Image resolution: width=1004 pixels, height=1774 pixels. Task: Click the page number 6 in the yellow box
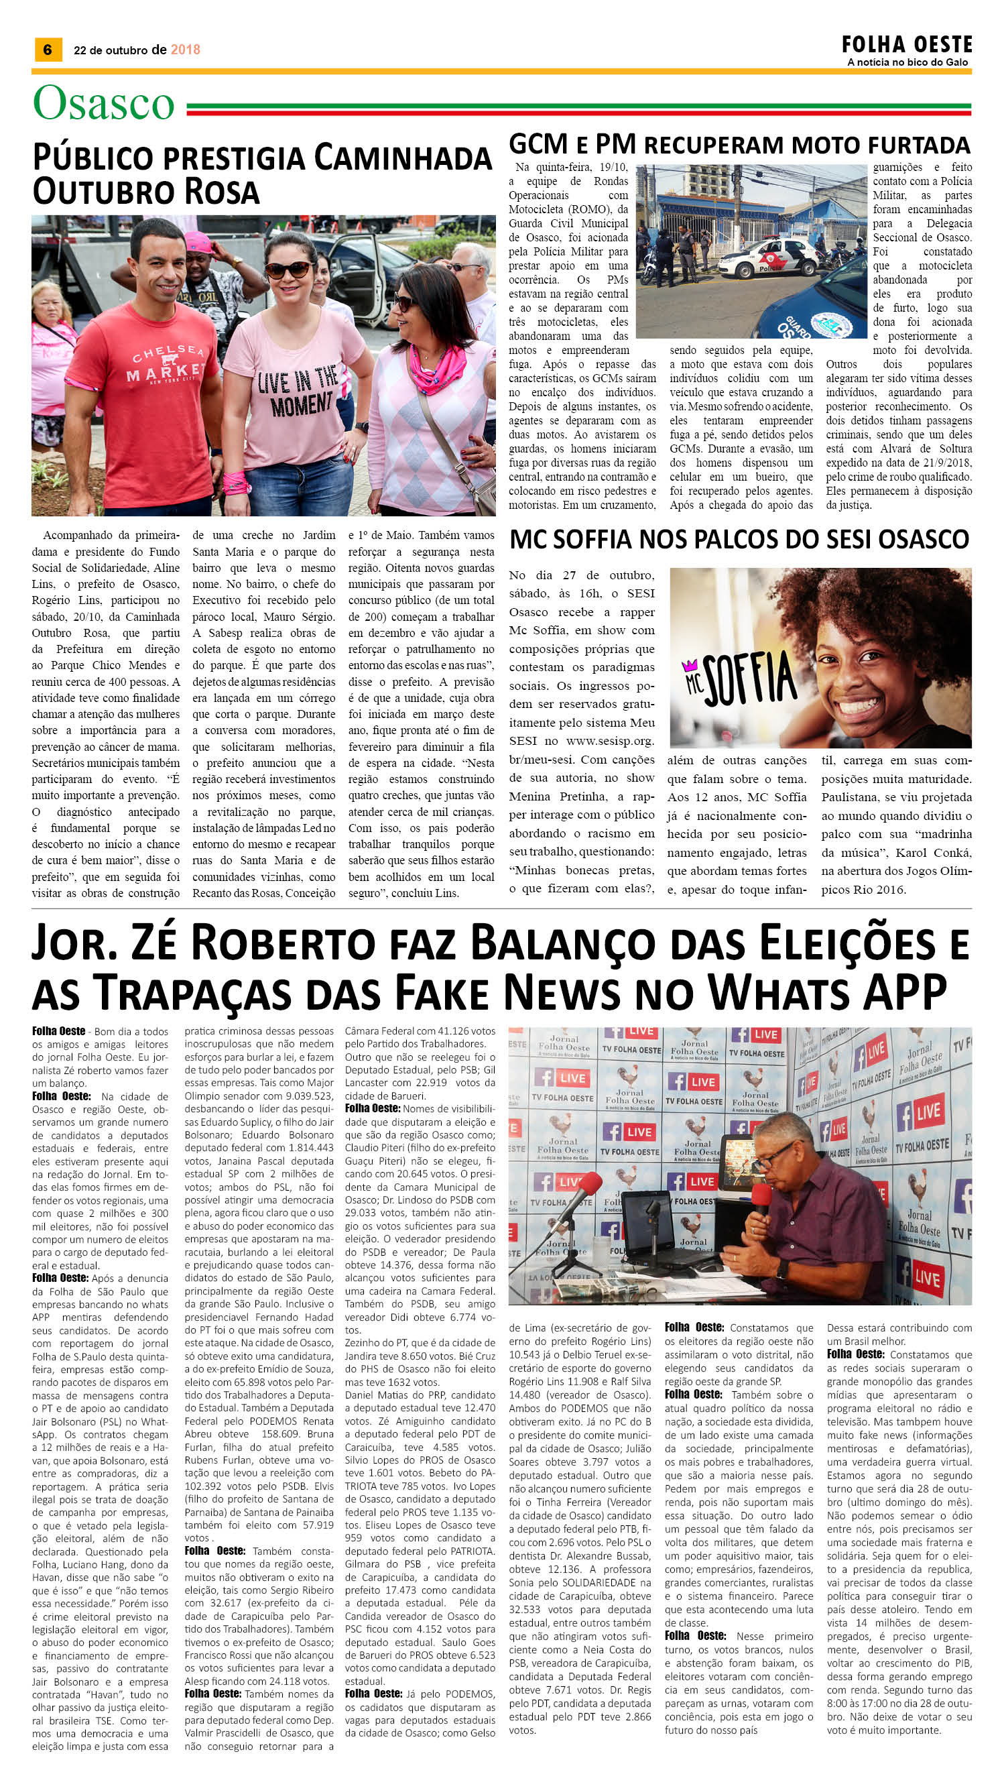pos(48,50)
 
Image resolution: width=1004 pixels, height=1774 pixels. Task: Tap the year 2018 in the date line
pos(185,50)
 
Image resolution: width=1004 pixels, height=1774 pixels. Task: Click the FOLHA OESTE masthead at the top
pos(907,46)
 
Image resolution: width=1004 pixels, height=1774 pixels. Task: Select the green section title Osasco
pos(103,104)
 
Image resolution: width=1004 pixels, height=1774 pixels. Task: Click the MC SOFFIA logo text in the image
pos(738,675)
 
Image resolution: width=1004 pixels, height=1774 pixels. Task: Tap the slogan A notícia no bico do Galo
pos(907,63)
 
